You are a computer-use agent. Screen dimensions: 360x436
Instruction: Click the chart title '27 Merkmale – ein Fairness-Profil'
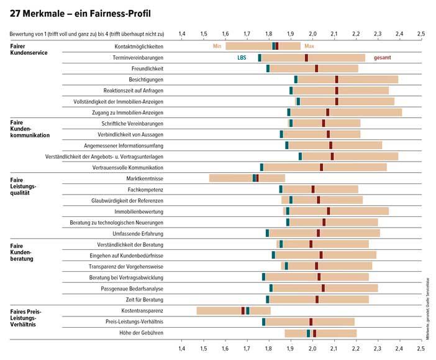pyautogui.click(x=81, y=13)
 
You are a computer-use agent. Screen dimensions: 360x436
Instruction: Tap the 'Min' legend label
pyautogui.click(x=217, y=46)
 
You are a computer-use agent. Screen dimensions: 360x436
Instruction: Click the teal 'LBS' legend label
pyautogui.click(x=242, y=57)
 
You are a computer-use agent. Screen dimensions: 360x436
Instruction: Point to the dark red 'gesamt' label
pyautogui.click(x=382, y=57)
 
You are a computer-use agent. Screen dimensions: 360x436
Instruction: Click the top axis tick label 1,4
pyautogui.click(x=181, y=34)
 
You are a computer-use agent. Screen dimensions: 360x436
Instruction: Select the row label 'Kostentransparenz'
pyautogui.click(x=143, y=310)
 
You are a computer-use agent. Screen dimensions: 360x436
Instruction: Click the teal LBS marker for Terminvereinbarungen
pyautogui.click(x=260, y=57)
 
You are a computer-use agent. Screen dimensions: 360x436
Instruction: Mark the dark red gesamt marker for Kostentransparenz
pyautogui.click(x=243, y=310)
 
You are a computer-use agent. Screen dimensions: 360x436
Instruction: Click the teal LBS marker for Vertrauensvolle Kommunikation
pyautogui.click(x=261, y=167)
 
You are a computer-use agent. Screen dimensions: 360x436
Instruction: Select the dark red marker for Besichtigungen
pyautogui.click(x=337, y=79)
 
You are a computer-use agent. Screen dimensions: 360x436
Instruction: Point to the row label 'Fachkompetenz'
pyautogui.click(x=145, y=189)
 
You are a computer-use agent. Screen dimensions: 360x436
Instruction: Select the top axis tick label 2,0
pyautogui.click(x=312, y=34)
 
